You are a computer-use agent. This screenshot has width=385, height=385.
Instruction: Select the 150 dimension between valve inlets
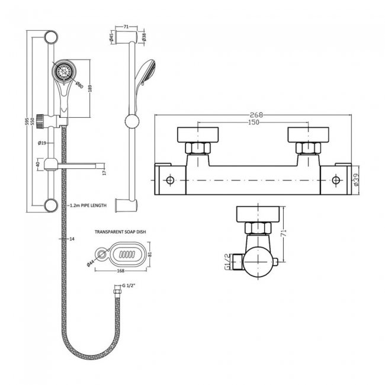[x=252, y=123]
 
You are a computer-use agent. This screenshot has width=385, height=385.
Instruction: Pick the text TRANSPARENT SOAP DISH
[x=120, y=232]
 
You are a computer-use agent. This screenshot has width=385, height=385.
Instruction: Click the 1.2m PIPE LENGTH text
[x=87, y=205]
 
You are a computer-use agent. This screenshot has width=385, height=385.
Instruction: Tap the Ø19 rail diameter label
[x=42, y=143]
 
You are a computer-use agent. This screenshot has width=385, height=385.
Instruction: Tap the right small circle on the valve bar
[x=336, y=179]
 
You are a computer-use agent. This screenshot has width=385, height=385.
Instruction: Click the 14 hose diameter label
[x=72, y=239]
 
